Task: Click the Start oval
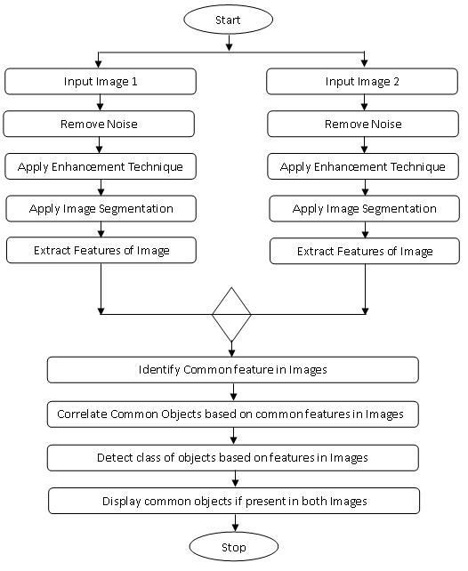(x=228, y=20)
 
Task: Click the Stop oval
(x=234, y=547)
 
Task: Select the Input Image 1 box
(x=101, y=81)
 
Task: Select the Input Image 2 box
(x=362, y=81)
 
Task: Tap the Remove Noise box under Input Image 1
(x=99, y=124)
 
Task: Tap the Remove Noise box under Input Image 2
(x=363, y=124)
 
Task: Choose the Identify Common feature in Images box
(x=233, y=370)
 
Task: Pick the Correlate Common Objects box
(x=233, y=414)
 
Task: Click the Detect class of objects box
(x=233, y=458)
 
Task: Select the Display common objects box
(x=234, y=501)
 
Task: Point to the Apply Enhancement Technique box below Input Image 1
(x=101, y=166)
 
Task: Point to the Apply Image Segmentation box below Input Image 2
(x=365, y=208)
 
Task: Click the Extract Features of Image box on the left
(x=101, y=250)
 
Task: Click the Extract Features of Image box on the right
(x=365, y=251)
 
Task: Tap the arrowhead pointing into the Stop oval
(x=235, y=528)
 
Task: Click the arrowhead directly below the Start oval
(x=229, y=47)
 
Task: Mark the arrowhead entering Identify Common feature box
(x=232, y=353)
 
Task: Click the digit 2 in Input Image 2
(x=396, y=81)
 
